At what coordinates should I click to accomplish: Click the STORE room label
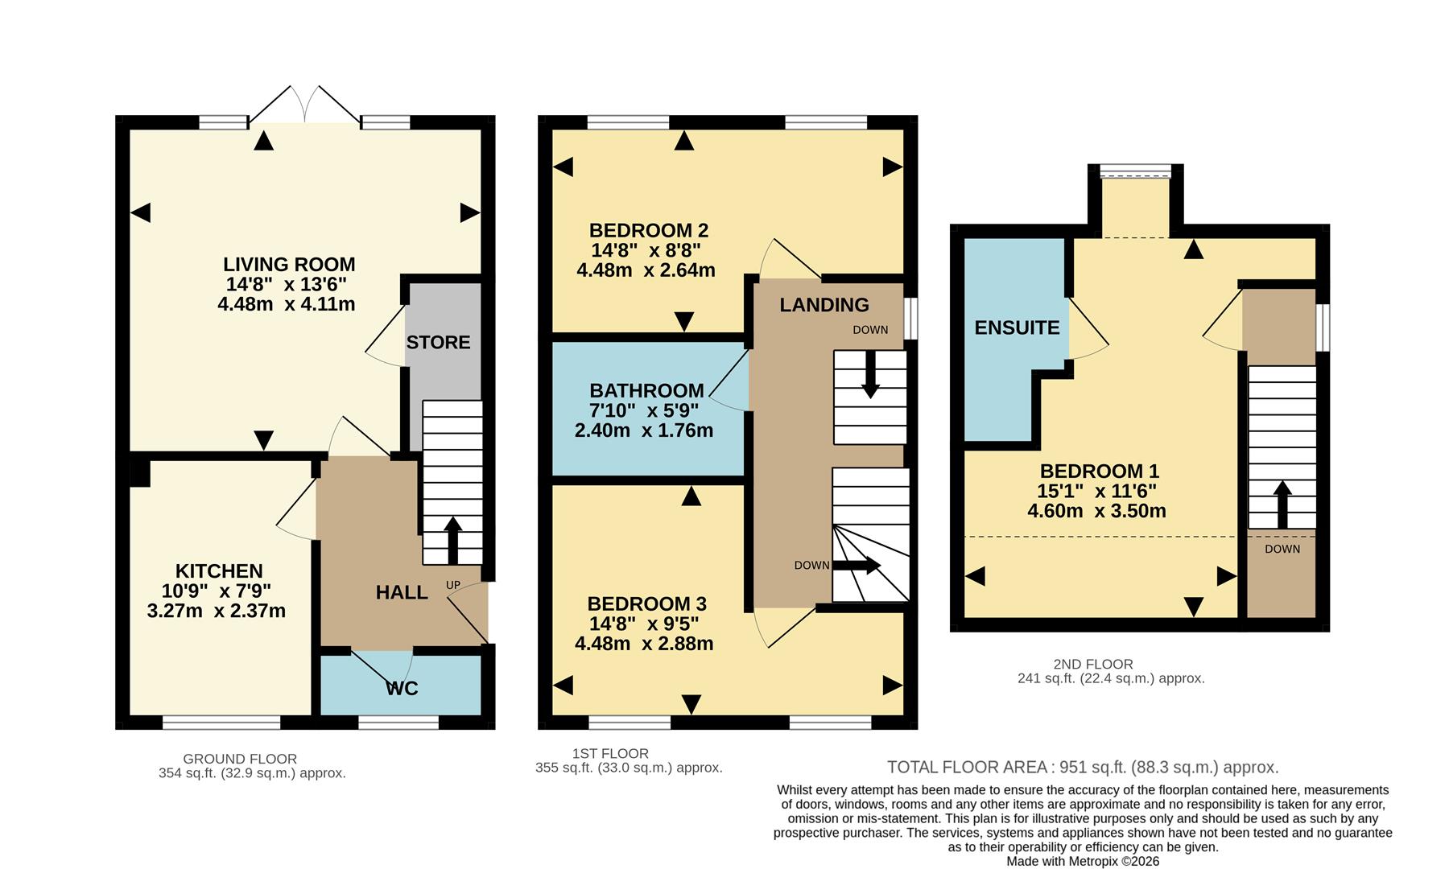[x=438, y=342]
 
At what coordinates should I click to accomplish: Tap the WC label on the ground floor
[x=402, y=688]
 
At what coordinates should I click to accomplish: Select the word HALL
[x=402, y=592]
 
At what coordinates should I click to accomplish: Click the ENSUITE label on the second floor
[x=1017, y=327]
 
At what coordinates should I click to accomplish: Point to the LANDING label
[x=824, y=305]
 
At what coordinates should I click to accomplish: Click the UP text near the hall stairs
[x=453, y=585]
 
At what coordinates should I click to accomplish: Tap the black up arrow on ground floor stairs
[x=452, y=539]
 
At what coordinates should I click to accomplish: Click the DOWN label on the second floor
[x=1282, y=549]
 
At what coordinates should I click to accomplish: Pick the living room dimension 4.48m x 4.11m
[x=286, y=304]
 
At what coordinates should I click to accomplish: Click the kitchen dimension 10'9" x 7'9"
[x=217, y=591]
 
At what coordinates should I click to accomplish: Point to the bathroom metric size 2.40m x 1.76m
[x=643, y=430]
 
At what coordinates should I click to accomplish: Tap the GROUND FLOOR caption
[x=240, y=759]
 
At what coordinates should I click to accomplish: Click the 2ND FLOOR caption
[x=1092, y=664]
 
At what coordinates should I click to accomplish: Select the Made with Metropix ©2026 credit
[x=1083, y=861]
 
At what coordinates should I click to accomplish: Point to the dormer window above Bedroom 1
[x=1135, y=171]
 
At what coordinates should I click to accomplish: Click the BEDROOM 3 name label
[x=646, y=603]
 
